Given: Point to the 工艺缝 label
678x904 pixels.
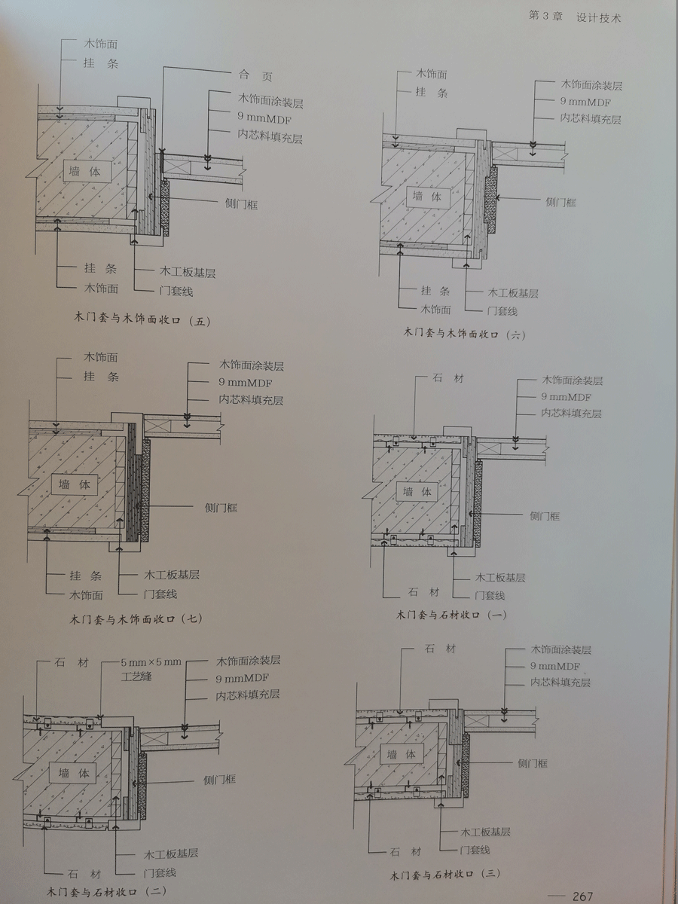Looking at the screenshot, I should pyautogui.click(x=136, y=676).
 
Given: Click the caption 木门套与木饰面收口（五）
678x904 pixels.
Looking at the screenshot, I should pyautogui.click(x=142, y=321).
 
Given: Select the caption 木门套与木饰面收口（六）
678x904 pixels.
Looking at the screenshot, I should pyautogui.click(x=464, y=332).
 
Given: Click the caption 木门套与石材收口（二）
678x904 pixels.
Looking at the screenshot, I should pyautogui.click(x=116, y=893).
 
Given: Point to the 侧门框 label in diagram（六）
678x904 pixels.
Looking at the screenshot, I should pyautogui.click(x=560, y=202).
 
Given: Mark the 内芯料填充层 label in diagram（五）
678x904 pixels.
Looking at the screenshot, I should pyautogui.click(x=270, y=134).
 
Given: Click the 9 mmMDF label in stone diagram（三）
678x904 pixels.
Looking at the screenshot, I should pyautogui.click(x=555, y=666).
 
